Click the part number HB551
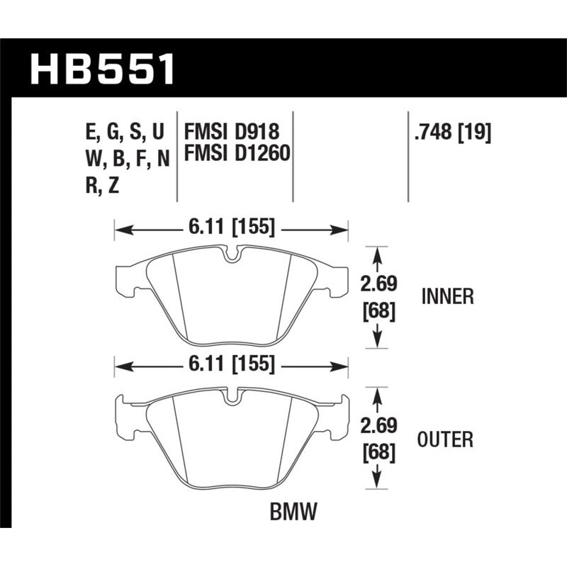tap(102, 69)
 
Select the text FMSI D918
tap(232, 131)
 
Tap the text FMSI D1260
tap(237, 154)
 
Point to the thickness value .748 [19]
tap(451, 131)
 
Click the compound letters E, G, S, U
tap(125, 131)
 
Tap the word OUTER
tap(446, 439)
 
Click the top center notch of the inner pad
tap(231, 254)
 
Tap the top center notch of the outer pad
tap(231, 397)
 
